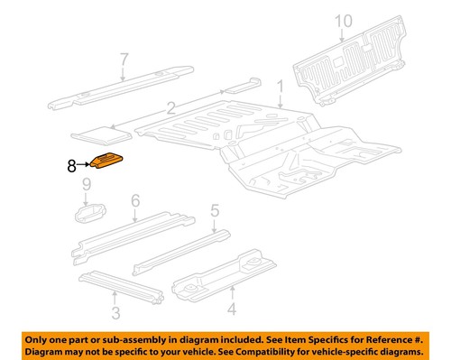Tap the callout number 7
[x=124, y=60]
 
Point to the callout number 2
[x=170, y=107]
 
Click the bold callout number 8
[x=71, y=165]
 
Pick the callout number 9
[x=87, y=188]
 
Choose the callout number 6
[x=135, y=200]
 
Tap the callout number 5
[x=215, y=211]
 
